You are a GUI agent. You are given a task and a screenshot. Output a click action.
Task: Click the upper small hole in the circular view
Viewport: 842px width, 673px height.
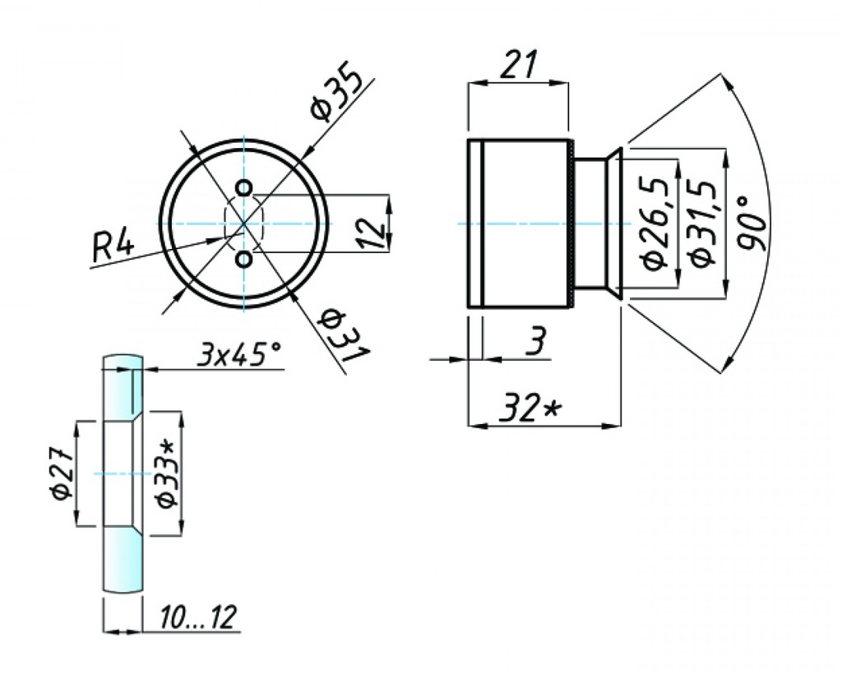243,187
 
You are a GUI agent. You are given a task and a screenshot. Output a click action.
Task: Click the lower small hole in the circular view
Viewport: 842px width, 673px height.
243,260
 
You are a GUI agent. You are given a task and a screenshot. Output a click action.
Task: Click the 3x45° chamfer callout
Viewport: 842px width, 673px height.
239,355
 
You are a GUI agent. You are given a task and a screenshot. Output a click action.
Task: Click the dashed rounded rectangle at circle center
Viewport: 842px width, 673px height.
243,224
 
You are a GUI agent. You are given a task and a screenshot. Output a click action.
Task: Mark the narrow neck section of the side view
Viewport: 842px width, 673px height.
590,224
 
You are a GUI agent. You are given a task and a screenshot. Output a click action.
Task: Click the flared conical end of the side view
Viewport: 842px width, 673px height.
614,224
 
